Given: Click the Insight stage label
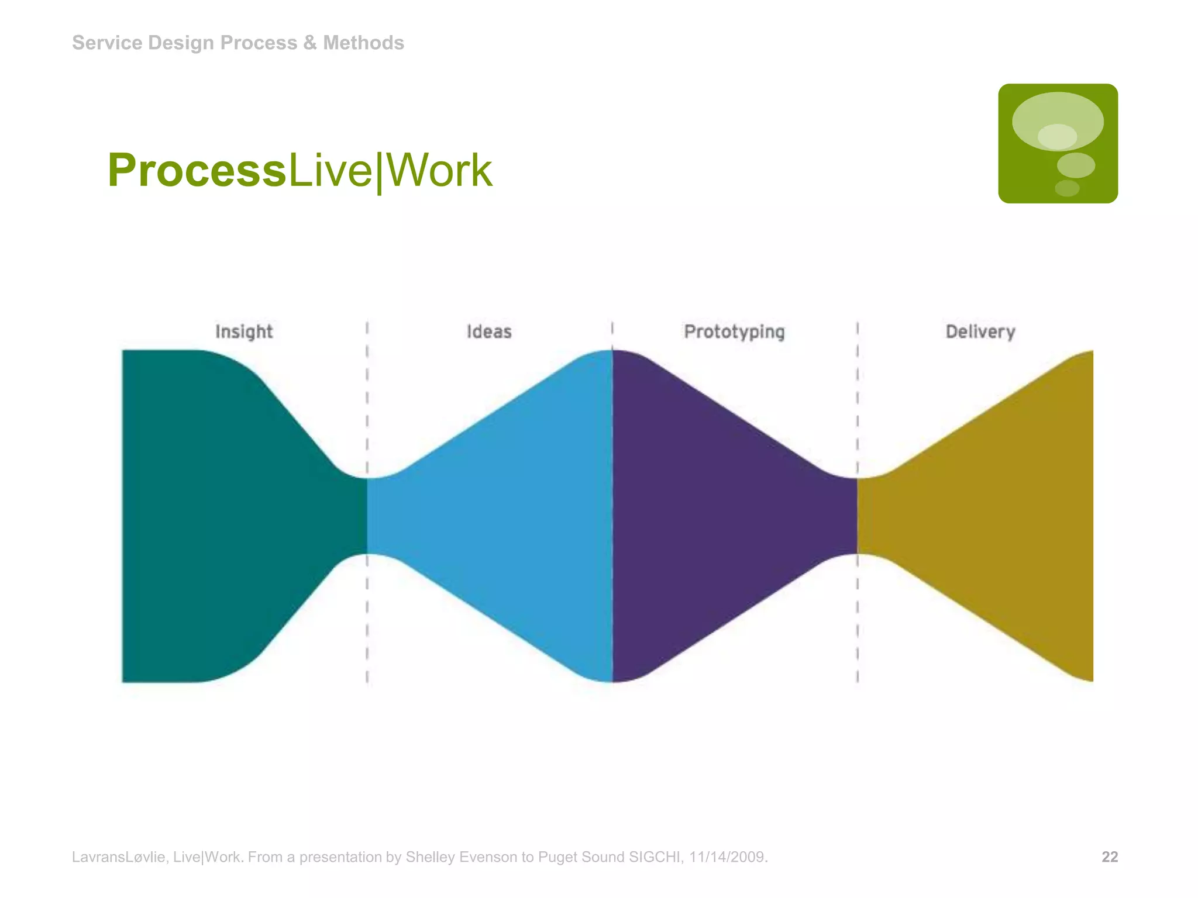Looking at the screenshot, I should [244, 331].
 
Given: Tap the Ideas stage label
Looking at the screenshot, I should [489, 331].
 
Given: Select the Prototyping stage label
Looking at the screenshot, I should [734, 331].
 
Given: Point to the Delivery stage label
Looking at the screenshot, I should [980, 331].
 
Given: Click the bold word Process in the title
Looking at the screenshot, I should [197, 170].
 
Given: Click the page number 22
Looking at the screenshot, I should [1110, 857].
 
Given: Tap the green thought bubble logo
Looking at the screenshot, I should [1058, 143].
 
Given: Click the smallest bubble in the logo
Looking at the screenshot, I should [1067, 188].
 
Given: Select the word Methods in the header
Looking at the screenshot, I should [363, 43].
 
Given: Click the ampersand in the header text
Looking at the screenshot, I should [310, 43].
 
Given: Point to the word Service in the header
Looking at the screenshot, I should [107, 43].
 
